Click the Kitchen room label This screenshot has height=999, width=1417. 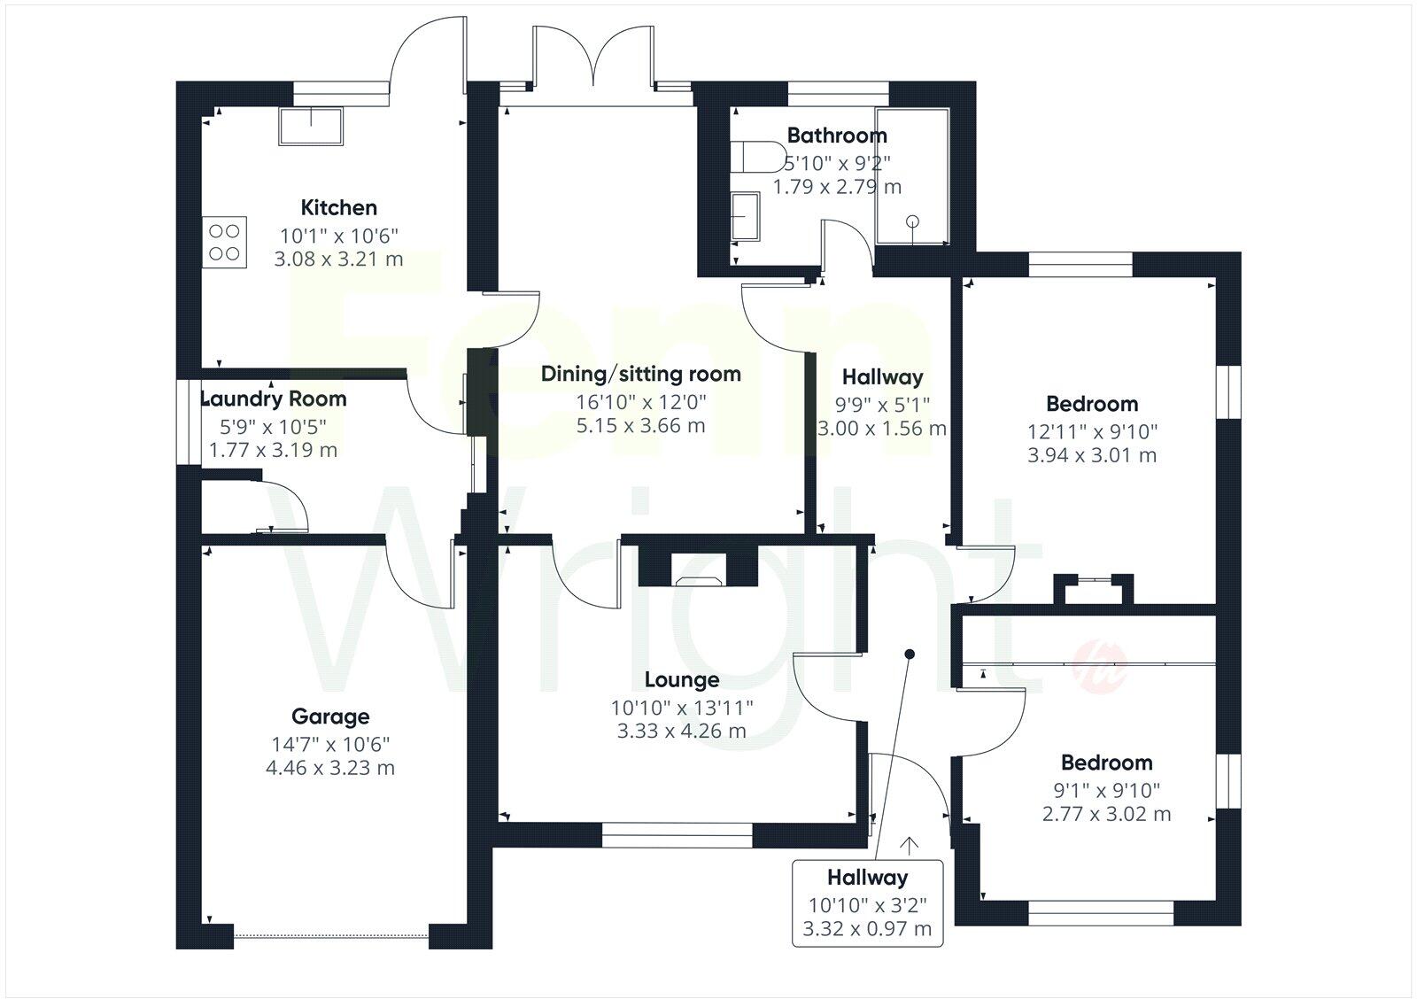pyautogui.click(x=338, y=208)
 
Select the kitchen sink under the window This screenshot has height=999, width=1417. pyautogui.click(x=311, y=127)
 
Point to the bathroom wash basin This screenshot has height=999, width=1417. pyautogui.click(x=745, y=216)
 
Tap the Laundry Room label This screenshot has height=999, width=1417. pyautogui.click(x=273, y=399)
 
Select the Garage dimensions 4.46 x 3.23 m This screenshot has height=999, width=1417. pyautogui.click(x=329, y=768)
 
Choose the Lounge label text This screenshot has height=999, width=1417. pyautogui.click(x=681, y=680)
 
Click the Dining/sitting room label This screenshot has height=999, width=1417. pyautogui.click(x=640, y=374)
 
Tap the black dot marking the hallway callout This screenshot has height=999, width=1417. pyautogui.click(x=909, y=654)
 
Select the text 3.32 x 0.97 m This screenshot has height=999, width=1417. pyautogui.click(x=866, y=929)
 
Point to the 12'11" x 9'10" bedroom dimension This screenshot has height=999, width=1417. pyautogui.click(x=1091, y=432)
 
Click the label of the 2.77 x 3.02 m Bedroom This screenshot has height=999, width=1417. pyautogui.click(x=1106, y=763)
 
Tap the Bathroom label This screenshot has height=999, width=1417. pyautogui.click(x=836, y=136)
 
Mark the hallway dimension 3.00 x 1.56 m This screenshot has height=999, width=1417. pyautogui.click(x=881, y=429)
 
